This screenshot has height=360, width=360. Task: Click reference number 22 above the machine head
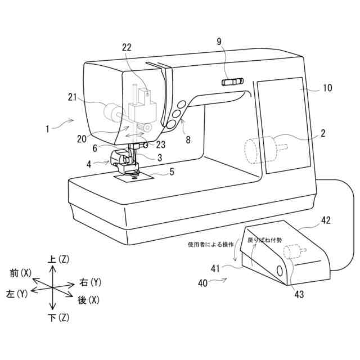127,48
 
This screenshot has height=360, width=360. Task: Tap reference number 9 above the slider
219,41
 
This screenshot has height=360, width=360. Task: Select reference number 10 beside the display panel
327,88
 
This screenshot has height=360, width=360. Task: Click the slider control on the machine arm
231,82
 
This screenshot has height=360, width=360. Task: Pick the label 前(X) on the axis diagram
21,273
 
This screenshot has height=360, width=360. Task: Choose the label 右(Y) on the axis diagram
89,281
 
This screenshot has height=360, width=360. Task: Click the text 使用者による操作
210,245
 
